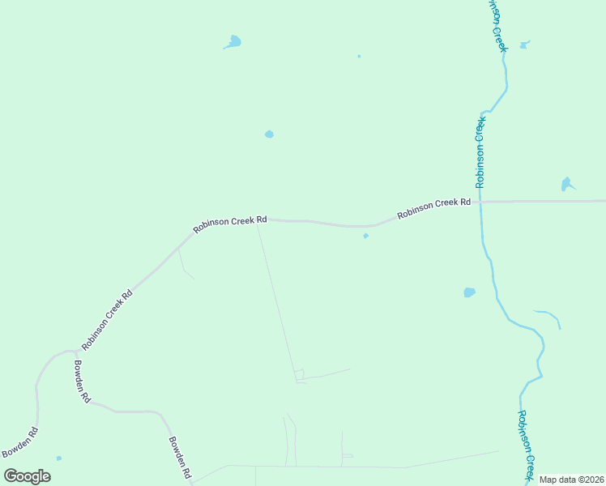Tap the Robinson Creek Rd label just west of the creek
coord(433,208)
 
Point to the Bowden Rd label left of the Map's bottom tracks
coord(179,457)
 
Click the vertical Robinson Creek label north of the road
coord(480,152)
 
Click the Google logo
coord(28,475)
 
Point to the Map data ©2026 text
coord(571,480)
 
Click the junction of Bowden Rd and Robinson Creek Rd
coord(75,351)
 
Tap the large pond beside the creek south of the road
coord(469,292)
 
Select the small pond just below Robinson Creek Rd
coord(365,237)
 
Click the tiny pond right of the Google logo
coord(59,458)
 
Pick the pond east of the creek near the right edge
coord(566,185)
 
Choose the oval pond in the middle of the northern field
coord(269,134)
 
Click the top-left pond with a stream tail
coord(234,40)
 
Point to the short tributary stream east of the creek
coord(548,315)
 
